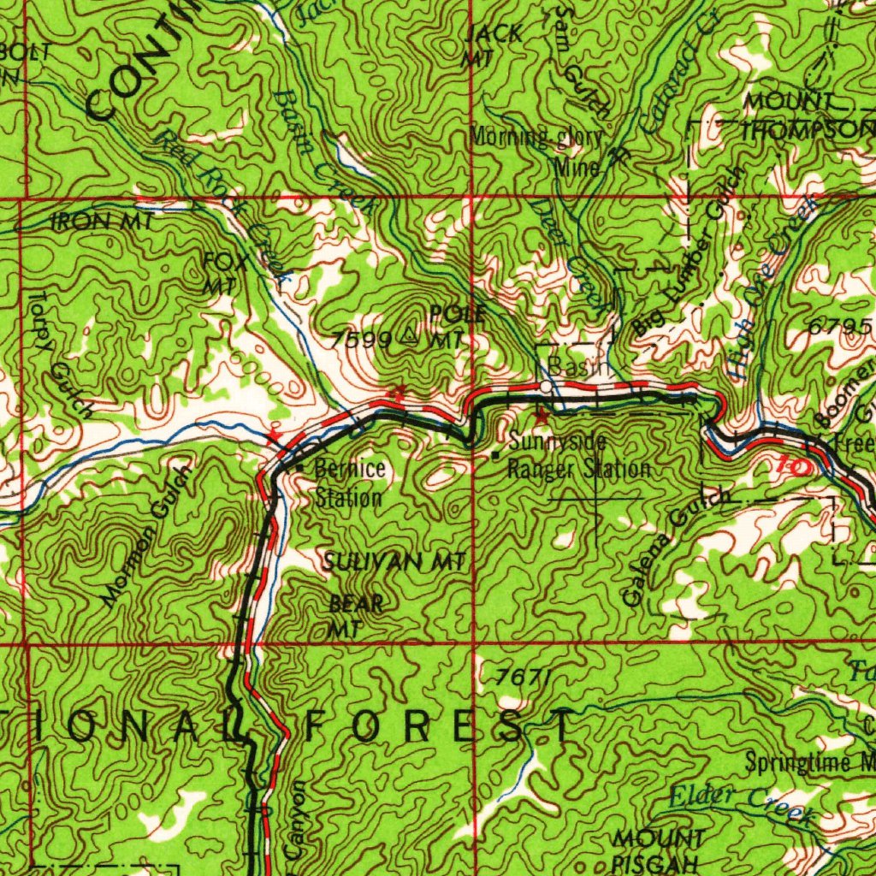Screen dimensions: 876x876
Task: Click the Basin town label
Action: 577,367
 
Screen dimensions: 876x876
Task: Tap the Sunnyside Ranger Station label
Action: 578,456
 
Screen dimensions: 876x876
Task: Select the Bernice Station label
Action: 348,482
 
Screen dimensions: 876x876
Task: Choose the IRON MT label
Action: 103,222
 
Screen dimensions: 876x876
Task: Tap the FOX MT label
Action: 227,272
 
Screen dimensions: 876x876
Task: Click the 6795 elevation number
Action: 839,328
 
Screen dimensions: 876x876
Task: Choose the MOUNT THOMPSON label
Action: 804,116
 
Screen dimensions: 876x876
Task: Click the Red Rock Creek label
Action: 224,204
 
